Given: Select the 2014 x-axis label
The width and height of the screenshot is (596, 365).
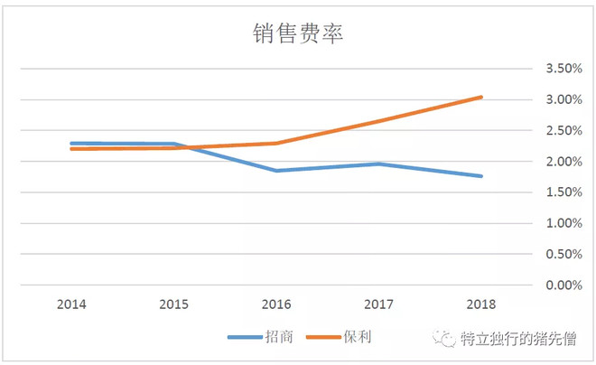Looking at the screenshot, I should (x=71, y=305).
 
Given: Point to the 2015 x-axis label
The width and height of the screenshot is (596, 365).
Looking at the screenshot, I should (x=173, y=305).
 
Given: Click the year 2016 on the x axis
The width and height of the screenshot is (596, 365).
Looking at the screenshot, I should (x=276, y=305).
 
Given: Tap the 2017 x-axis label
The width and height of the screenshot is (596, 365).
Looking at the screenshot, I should (x=378, y=305).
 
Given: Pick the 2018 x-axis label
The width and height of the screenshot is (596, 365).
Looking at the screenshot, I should (x=480, y=305).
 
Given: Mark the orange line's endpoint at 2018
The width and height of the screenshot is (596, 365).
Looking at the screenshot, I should (x=481, y=97).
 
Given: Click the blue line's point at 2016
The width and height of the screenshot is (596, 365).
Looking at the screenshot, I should (x=276, y=170).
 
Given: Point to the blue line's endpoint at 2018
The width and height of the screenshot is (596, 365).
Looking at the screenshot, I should (x=481, y=176).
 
